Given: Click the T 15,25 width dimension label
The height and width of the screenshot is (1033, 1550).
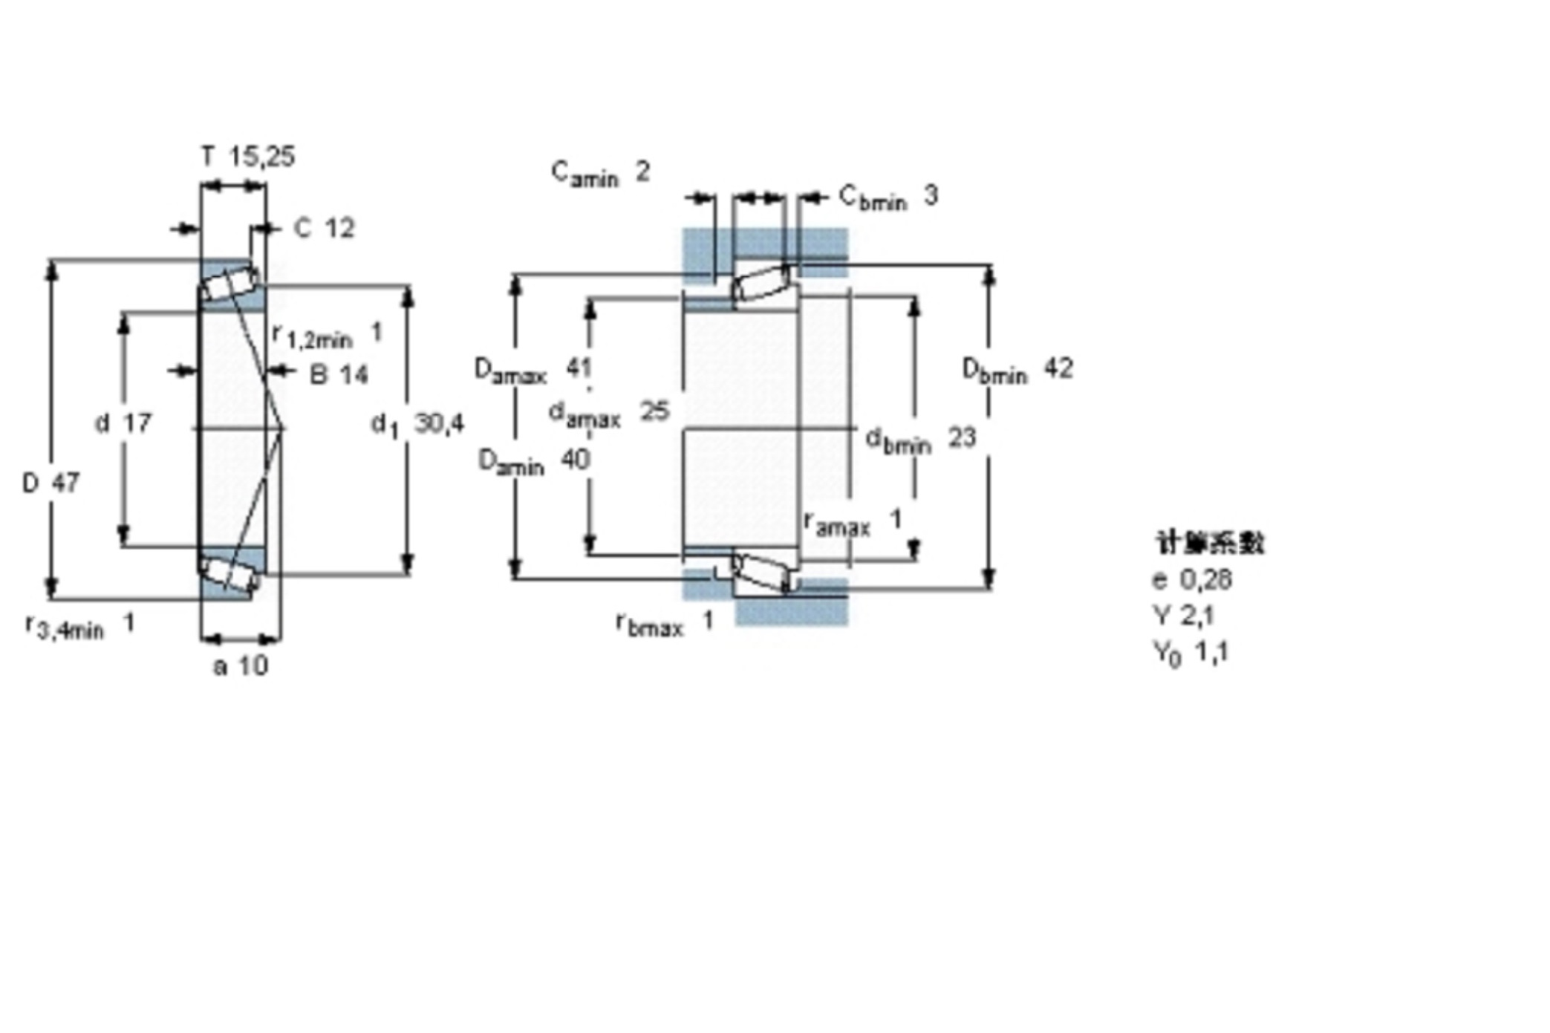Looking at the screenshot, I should click(x=248, y=157).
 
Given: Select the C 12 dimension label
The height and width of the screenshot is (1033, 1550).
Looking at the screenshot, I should click(x=325, y=228).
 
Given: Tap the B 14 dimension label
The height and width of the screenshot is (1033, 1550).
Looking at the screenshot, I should click(x=339, y=375).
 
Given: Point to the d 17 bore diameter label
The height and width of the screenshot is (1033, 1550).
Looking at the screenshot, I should click(x=123, y=423).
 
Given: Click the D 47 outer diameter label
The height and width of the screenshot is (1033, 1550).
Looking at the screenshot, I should click(x=51, y=483).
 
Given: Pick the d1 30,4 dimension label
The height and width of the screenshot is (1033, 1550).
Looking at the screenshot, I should click(x=417, y=424).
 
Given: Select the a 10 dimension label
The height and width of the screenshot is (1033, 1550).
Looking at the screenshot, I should click(x=241, y=666).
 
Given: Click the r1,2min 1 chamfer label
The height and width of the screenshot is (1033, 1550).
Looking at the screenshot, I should click(x=328, y=335).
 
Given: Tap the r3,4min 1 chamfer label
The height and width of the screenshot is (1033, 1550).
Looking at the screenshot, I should click(x=79, y=626).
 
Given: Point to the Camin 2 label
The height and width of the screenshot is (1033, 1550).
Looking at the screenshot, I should click(x=600, y=174).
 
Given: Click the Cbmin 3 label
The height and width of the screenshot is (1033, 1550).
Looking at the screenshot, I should click(x=888, y=198).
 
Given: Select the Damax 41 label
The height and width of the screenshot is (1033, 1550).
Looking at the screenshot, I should click(x=533, y=369).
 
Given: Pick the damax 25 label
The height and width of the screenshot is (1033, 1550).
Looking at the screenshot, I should click(x=608, y=413).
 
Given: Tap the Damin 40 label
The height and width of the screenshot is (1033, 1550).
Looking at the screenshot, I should click(x=534, y=462).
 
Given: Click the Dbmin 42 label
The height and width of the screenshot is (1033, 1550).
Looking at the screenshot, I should click(x=1017, y=369).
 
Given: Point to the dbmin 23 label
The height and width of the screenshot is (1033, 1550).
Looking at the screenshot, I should click(x=920, y=440).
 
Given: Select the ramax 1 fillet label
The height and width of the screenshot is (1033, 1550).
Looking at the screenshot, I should click(x=853, y=522).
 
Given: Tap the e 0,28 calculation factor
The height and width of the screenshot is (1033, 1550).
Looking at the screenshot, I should click(x=1192, y=579).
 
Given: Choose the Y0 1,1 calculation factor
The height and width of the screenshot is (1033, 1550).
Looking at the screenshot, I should click(x=1191, y=653).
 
